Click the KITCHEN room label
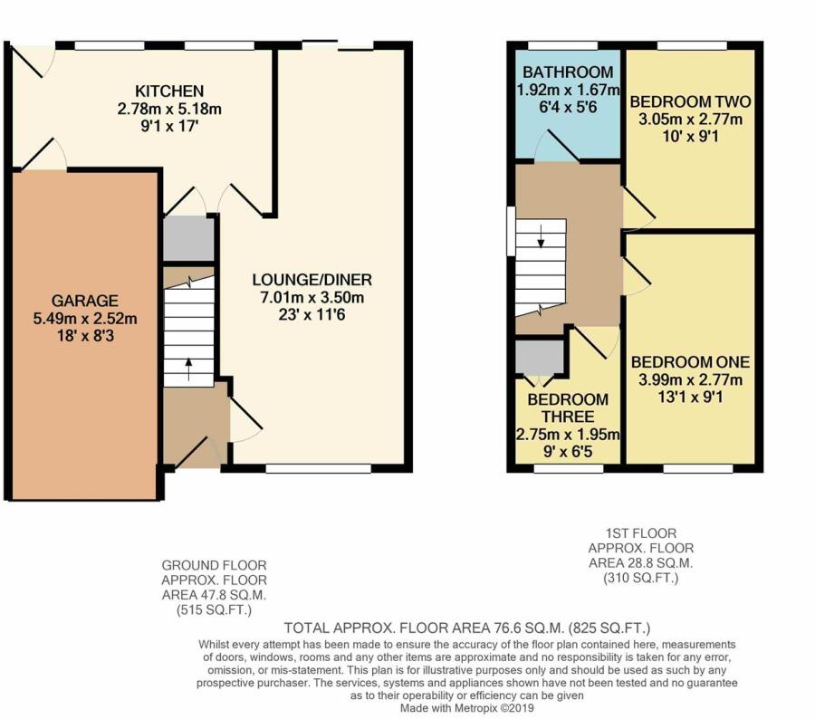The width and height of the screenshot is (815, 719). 169,91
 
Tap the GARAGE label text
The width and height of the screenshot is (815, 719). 85,301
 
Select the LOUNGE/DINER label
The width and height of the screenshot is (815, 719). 312,280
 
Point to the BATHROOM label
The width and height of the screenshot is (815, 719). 568,72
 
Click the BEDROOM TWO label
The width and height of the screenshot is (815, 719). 690,101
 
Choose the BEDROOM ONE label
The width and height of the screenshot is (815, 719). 690,362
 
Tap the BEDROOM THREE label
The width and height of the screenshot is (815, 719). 568,408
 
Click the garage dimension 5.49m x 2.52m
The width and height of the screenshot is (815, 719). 85,318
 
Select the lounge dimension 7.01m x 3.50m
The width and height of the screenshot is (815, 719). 312,297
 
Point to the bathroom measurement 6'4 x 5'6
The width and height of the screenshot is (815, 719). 568,107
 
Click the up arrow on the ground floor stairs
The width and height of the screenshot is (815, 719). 188,369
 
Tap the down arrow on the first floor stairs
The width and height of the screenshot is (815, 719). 542,236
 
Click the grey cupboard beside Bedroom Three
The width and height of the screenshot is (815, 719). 540,357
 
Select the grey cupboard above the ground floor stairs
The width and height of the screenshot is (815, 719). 188,239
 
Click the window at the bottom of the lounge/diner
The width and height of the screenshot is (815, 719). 318,469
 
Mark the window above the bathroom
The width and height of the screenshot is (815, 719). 563,46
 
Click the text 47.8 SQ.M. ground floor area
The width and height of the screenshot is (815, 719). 214,595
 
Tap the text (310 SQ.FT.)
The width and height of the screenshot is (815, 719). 641,578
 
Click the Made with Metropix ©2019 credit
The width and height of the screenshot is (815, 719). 466,708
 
